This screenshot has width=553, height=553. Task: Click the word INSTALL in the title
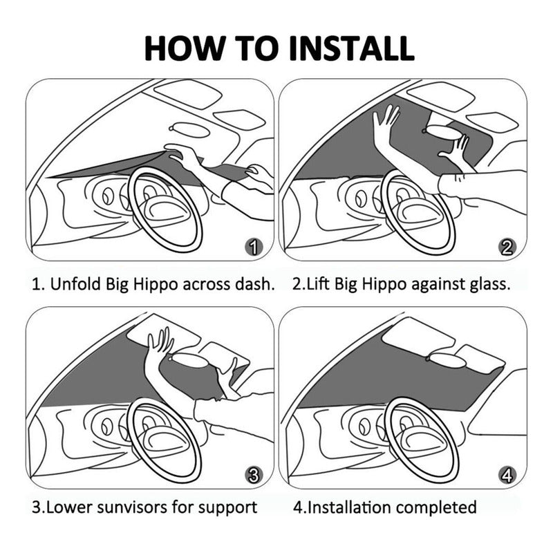click(351, 48)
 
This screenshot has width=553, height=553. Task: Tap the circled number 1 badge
click(254, 247)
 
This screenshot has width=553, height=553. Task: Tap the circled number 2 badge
click(507, 247)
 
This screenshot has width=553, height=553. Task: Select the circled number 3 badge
click(254, 476)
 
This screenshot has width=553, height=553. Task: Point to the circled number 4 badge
click(507, 476)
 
